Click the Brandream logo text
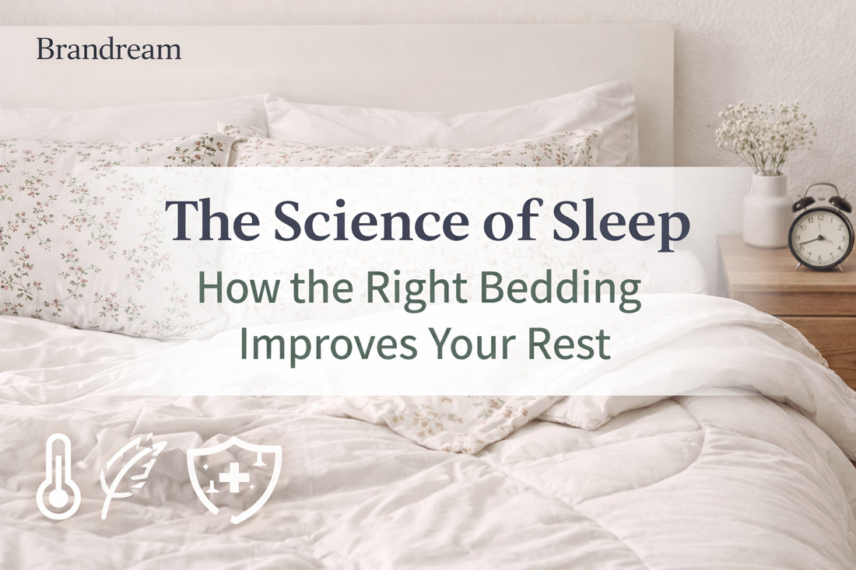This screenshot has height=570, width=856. pos(108,50)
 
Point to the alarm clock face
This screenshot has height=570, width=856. pos(821,234)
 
